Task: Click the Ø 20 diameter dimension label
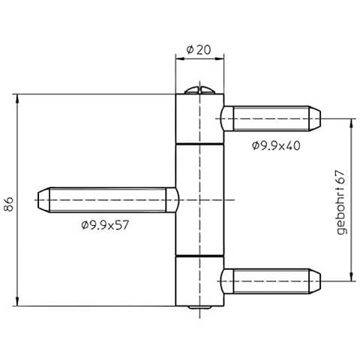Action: pyautogui.click(x=199, y=49)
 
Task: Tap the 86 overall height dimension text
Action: pyautogui.click(x=10, y=204)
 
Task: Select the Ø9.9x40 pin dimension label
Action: pyautogui.click(x=276, y=145)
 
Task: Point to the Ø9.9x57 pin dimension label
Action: pyautogui.click(x=105, y=225)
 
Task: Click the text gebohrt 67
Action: pyautogui.click(x=341, y=202)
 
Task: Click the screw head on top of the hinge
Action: pyautogui.click(x=199, y=91)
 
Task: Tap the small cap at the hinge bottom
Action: pyautogui.click(x=199, y=307)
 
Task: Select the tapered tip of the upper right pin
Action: pyautogui.click(x=315, y=118)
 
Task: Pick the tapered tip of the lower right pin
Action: pyautogui.click(x=315, y=281)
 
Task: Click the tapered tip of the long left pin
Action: pyautogui.click(x=43, y=200)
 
